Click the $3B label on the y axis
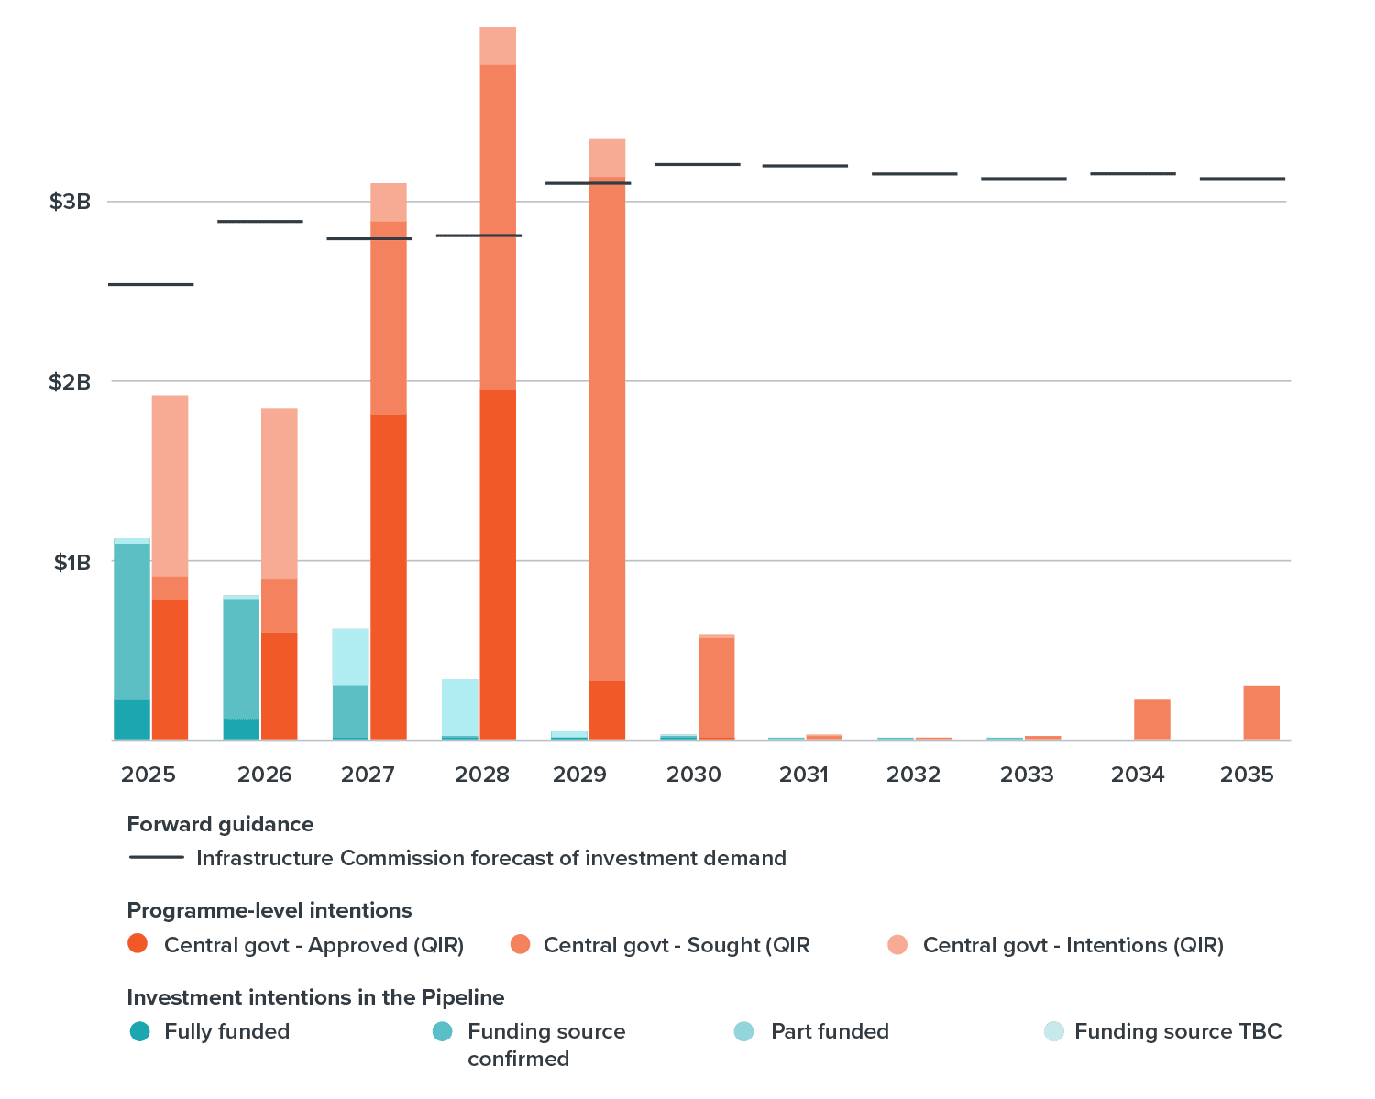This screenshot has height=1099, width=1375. pos(70,202)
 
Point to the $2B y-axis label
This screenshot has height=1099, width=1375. pos(70,381)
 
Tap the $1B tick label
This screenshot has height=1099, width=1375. pos(71,562)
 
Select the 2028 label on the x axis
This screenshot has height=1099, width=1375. pos(482,775)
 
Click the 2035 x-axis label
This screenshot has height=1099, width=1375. pos(1247,775)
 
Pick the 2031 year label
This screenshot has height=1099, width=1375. pos(804,775)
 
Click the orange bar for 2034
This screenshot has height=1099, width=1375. pos(1151,720)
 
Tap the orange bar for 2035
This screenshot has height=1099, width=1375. pos(1260,712)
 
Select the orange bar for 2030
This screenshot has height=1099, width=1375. pos(716,687)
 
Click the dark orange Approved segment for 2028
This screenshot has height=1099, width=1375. pos(498,564)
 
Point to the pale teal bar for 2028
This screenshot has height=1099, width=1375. pos(459,708)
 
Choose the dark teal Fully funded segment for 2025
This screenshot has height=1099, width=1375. pos(132,720)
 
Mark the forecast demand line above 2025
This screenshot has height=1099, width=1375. pos(151,285)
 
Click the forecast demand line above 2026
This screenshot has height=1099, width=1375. pos(260,222)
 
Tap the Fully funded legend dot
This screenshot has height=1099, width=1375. pos(139,1031)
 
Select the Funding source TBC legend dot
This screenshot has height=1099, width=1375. pos(1054,1031)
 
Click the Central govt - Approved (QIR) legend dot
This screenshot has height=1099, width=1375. pos(137,944)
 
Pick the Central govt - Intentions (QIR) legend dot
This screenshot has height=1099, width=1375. pos(897,944)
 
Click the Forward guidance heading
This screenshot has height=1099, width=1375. pos(220,824)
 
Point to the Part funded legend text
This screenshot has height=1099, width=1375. pos(830,1031)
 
